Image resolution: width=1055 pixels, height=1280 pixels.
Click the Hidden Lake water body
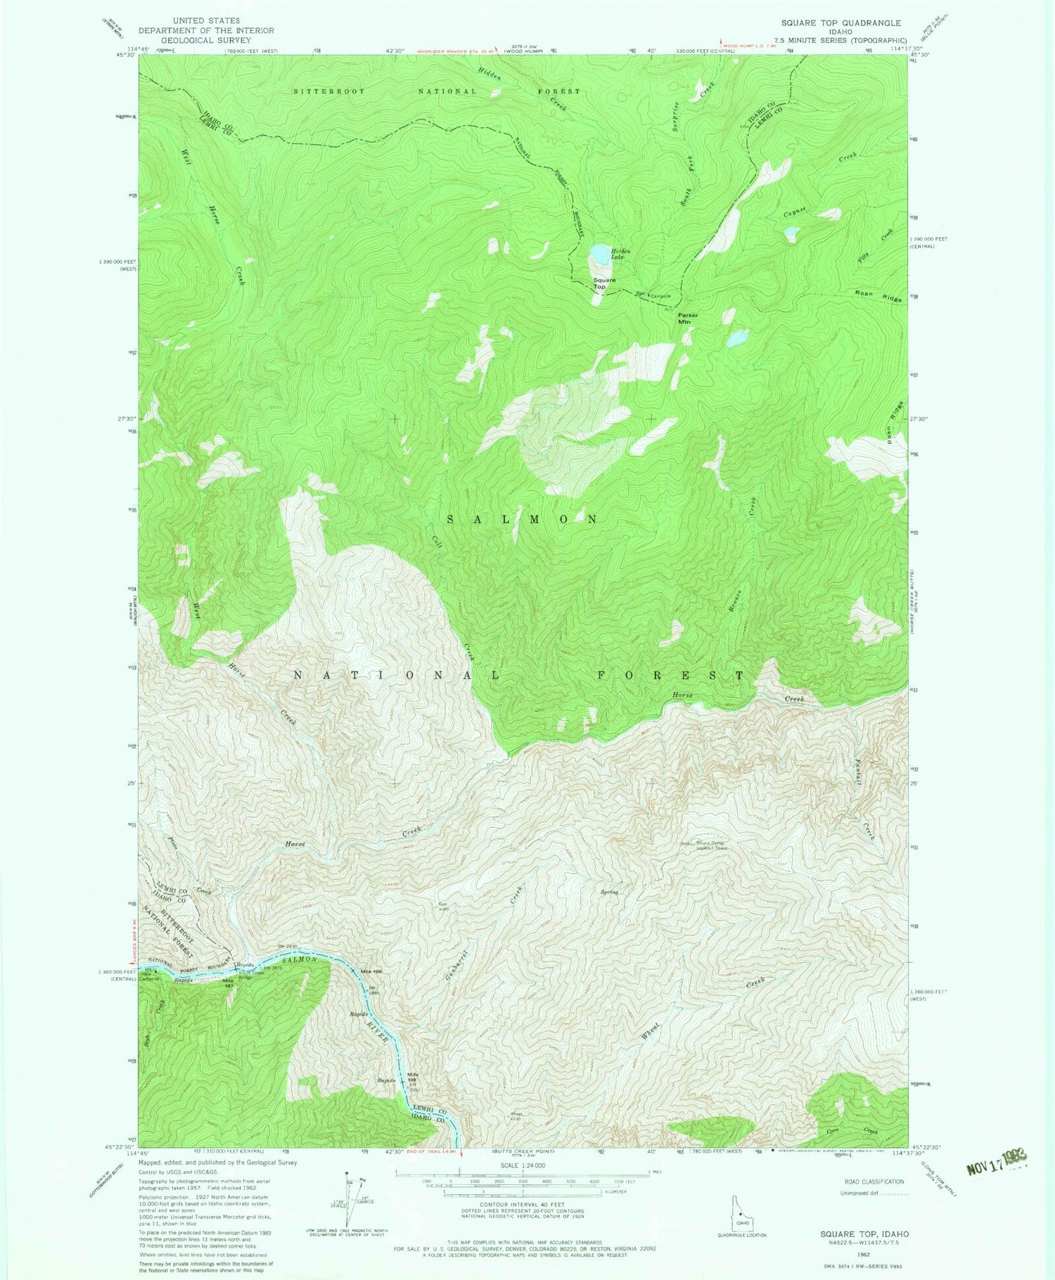point(600,253)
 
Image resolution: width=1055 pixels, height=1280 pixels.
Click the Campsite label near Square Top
point(660,295)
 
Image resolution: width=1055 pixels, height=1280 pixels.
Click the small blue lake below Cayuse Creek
point(791,231)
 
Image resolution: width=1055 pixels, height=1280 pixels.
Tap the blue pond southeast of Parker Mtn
point(738,339)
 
